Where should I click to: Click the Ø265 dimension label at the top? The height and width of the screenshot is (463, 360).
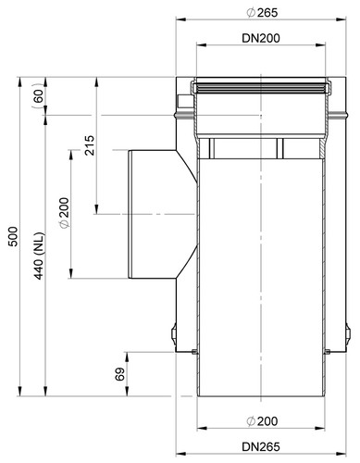[x=262, y=13]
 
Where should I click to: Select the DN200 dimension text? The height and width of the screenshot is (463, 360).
[x=261, y=38]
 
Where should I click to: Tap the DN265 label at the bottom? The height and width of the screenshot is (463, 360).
[x=261, y=446]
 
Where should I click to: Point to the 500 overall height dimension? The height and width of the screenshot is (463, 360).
[x=13, y=236]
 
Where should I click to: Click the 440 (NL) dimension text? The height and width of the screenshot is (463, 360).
[x=40, y=256]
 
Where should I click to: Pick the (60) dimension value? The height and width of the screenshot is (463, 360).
[x=38, y=96]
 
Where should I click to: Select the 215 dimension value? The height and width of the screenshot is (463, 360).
[x=89, y=145]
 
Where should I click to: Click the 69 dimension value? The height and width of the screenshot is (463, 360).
[x=119, y=374]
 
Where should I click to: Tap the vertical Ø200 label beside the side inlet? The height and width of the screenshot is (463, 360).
[x=65, y=213]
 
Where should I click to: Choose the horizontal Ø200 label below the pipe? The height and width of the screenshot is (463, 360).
[x=262, y=421]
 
